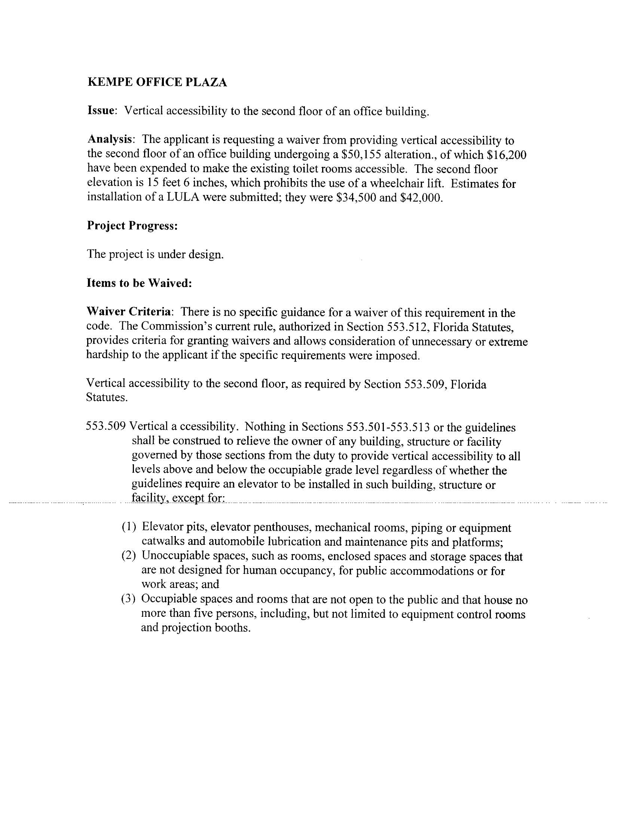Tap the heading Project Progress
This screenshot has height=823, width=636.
(x=132, y=225)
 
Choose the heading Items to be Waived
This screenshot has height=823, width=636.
(x=140, y=283)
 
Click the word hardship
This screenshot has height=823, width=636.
(x=107, y=355)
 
